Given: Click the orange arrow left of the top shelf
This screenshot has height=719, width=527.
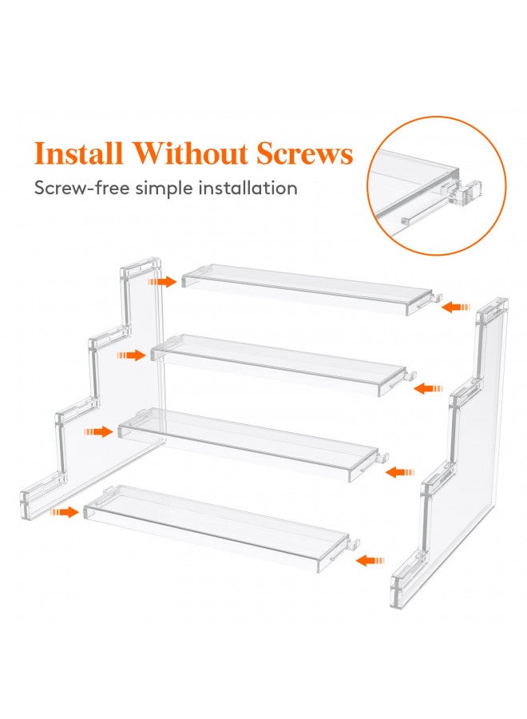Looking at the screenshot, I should [162, 281].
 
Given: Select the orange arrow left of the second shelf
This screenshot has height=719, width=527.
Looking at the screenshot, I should [131, 355].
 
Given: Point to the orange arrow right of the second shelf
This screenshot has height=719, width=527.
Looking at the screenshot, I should [429, 388].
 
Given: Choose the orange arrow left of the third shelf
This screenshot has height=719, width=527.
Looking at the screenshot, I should [99, 431].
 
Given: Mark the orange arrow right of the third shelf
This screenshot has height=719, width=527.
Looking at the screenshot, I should [399, 473].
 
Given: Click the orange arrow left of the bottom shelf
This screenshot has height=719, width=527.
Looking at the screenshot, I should [65, 510].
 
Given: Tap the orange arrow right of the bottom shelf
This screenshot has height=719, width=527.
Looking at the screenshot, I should [368, 561].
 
